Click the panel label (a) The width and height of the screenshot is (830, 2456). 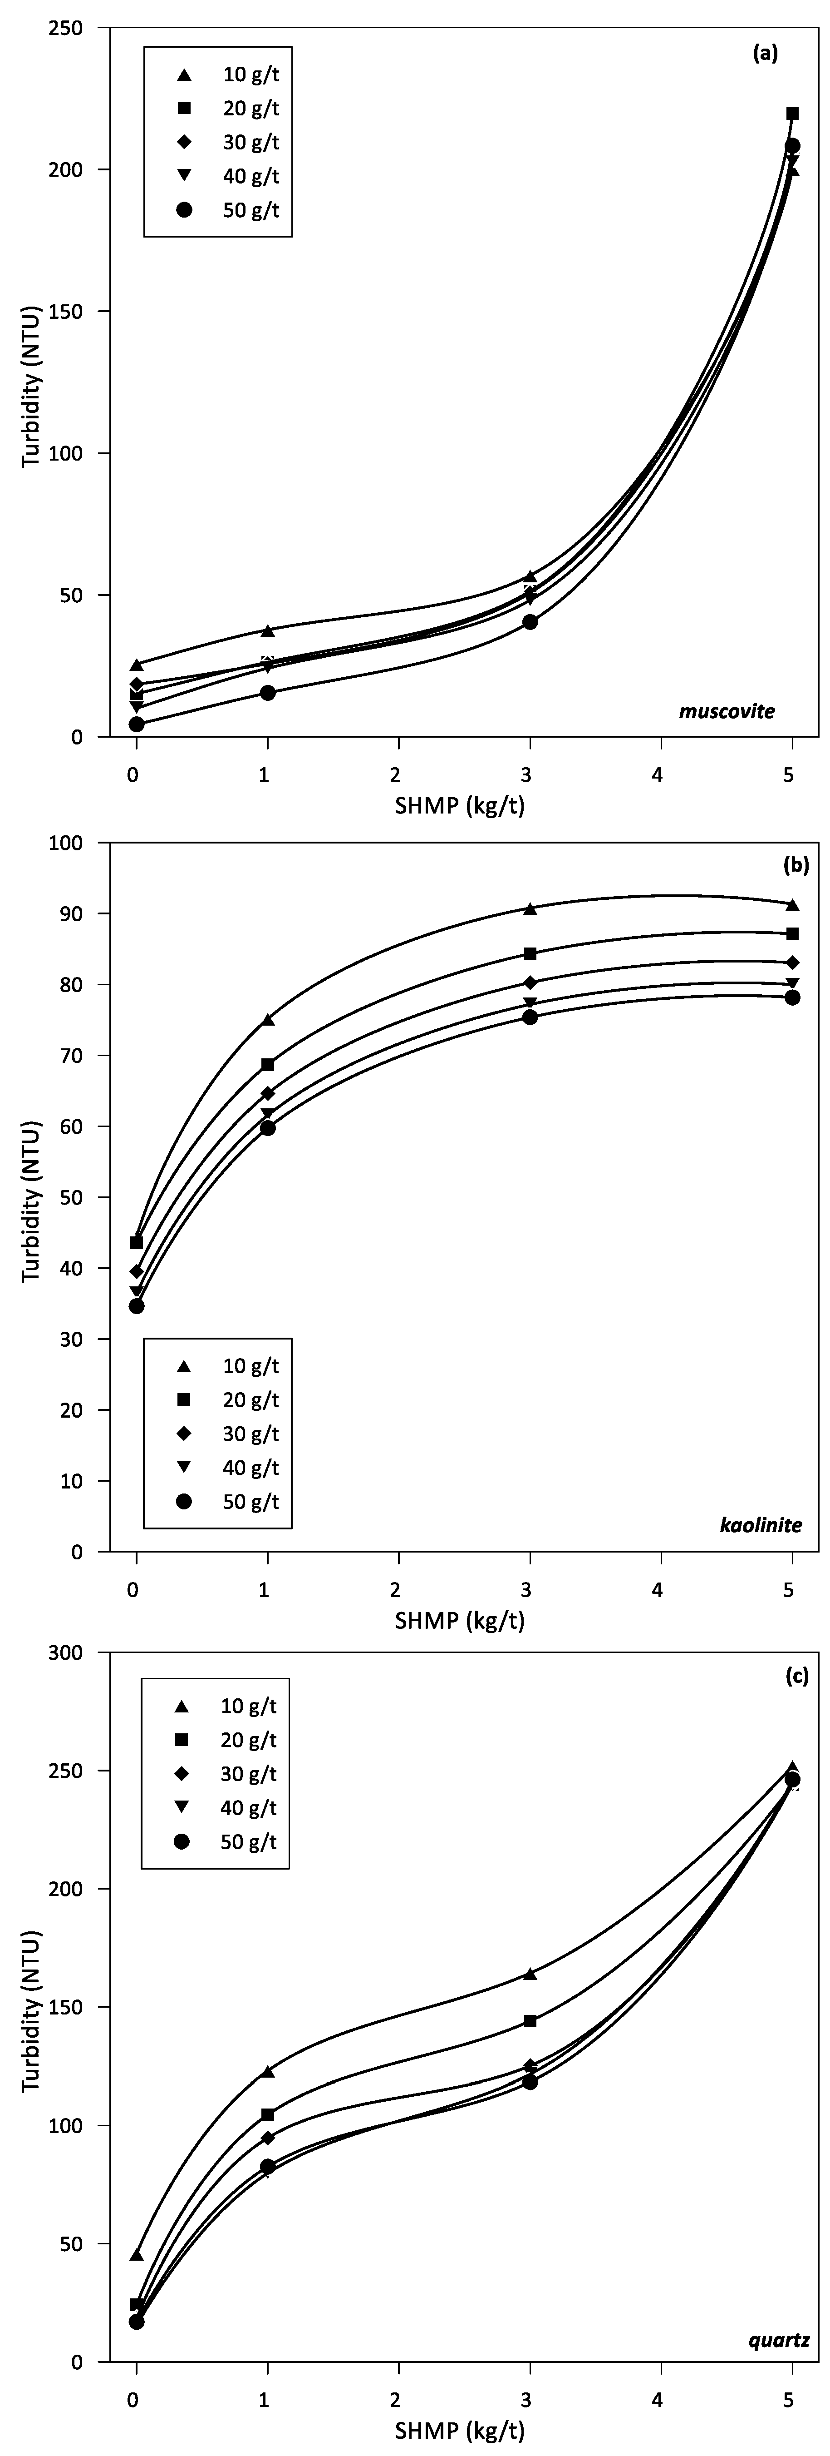click(x=765, y=55)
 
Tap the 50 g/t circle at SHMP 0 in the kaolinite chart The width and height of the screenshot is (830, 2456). click(x=136, y=1306)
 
